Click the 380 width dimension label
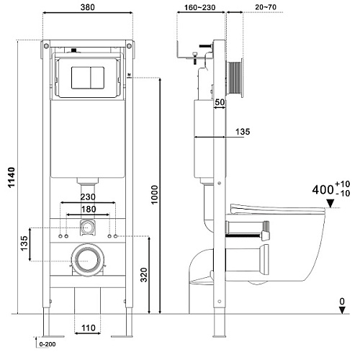click(x=88, y=7)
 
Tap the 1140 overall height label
click(x=12, y=177)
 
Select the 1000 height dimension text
click(x=155, y=194)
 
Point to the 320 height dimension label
click(x=143, y=274)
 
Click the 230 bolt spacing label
click(x=88, y=197)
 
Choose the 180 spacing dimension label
click(x=89, y=209)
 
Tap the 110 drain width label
click(x=89, y=328)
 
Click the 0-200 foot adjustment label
click(x=48, y=344)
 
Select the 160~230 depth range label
click(x=199, y=7)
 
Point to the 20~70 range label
click(x=266, y=7)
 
